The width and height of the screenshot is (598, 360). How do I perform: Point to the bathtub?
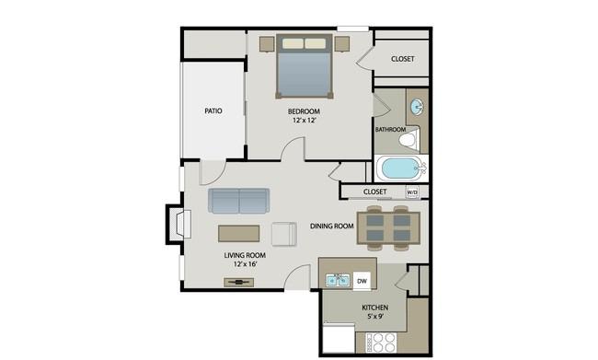(x=401, y=169)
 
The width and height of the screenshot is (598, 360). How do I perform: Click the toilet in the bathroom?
(x=410, y=140)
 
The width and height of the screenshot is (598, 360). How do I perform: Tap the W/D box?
(x=412, y=192)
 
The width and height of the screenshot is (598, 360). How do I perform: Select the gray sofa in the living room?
(x=238, y=201)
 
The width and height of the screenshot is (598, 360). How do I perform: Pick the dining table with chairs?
(x=388, y=227)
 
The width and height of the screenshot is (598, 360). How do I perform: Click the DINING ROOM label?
(x=332, y=226)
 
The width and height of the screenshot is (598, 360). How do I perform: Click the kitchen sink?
(x=337, y=278)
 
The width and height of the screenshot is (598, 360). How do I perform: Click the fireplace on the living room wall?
(x=177, y=224)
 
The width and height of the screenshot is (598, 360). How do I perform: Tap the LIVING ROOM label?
(x=245, y=255)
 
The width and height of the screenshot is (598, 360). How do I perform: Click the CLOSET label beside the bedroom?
(x=402, y=59)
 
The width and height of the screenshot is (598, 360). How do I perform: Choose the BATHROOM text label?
(x=390, y=130)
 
